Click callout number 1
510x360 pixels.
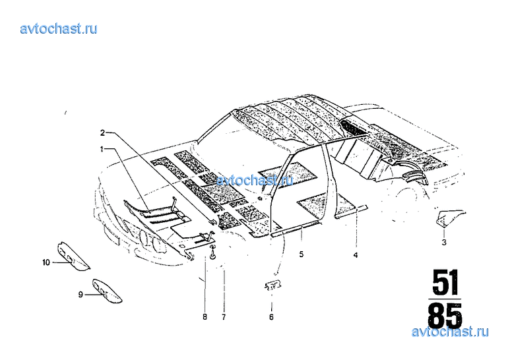(102, 149)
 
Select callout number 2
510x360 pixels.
(102, 133)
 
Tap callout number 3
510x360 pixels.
(444, 242)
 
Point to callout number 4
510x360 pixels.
(356, 255)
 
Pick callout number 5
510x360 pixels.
(302, 254)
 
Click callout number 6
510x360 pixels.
(271, 316)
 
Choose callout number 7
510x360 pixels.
(224, 316)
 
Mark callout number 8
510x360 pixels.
(205, 316)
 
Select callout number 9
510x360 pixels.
(80, 295)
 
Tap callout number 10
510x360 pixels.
(46, 262)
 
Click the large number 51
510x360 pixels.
(445, 282)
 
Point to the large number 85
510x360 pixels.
(445, 315)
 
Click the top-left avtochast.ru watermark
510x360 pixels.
(59, 28)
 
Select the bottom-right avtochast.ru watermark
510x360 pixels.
(450, 332)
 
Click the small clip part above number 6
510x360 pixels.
(272, 285)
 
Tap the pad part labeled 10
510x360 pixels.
(73, 256)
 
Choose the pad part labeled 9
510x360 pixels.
(107, 291)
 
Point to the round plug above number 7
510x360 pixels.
(213, 253)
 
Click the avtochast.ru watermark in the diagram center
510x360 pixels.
(255, 180)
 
